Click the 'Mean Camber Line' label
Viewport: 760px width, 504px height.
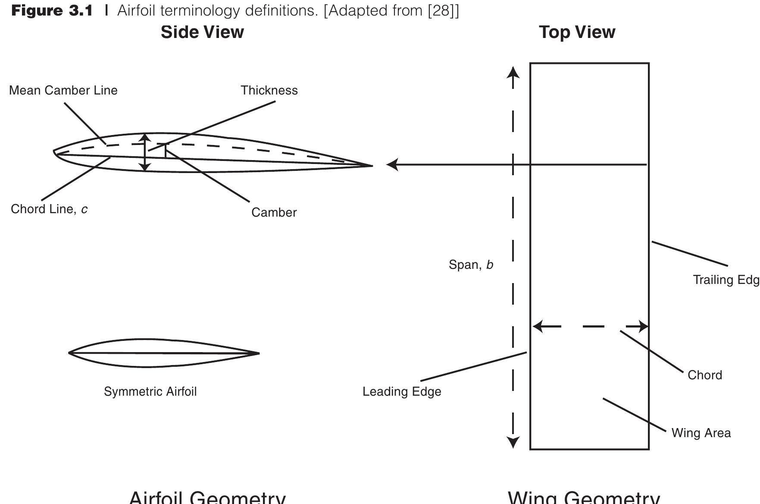63,91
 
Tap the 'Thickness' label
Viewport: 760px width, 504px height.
269,91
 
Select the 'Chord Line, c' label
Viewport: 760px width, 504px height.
49,209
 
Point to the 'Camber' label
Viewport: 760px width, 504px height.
274,213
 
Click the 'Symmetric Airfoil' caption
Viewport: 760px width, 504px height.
150,392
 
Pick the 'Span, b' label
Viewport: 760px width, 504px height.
471,265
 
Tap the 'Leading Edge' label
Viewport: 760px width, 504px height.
402,392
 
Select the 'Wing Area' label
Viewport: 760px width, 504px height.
701,433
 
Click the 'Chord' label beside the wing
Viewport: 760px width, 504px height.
704,375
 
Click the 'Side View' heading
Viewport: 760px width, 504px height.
202,32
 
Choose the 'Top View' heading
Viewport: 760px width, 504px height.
577,32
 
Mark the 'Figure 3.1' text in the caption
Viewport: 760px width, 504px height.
52,11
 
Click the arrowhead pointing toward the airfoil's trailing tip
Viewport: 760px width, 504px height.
391,164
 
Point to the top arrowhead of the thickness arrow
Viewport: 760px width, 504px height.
145,137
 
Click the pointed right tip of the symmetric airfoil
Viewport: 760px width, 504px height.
258,353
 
